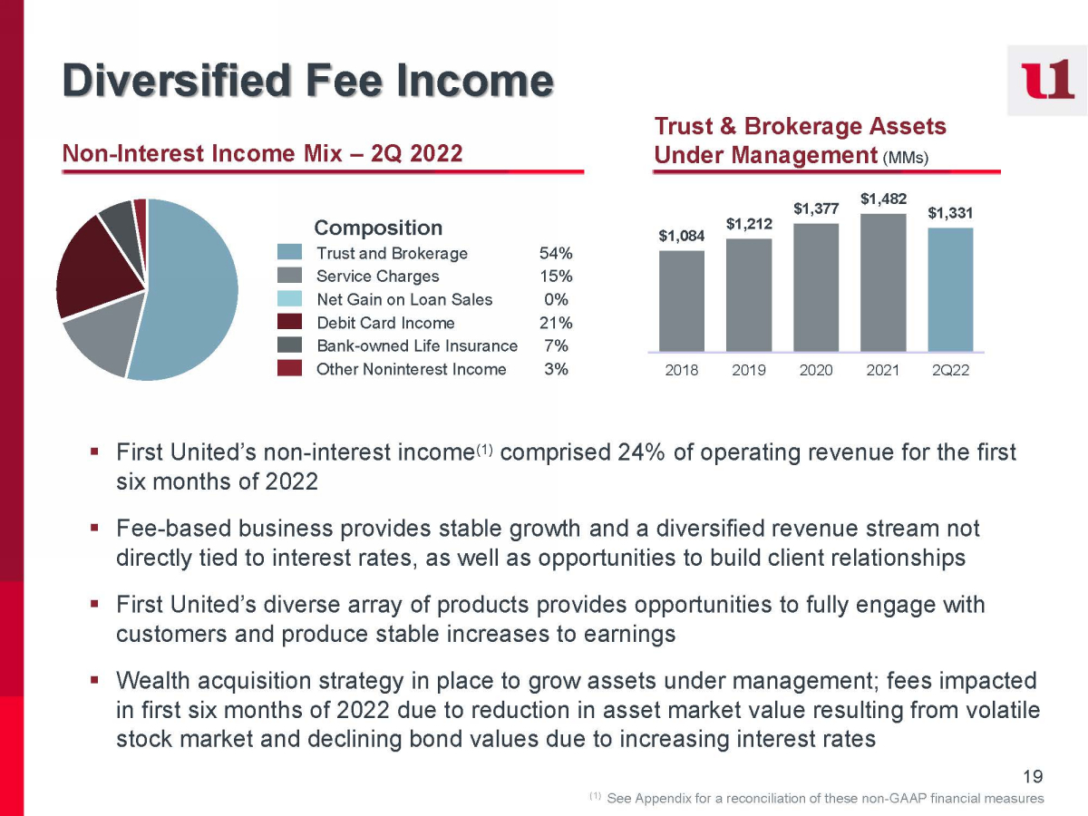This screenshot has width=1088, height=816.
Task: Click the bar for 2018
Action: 682,300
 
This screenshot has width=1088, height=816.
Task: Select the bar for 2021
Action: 883,282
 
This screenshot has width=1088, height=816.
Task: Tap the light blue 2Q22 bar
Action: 950,289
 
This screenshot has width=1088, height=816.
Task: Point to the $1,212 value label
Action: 749,223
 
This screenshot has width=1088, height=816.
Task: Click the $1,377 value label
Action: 816,209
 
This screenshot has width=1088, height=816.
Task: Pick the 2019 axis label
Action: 749,371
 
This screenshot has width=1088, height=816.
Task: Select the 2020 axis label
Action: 816,371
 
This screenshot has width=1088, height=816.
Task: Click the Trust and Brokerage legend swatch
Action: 289,253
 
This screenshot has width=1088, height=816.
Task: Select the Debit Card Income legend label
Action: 385,323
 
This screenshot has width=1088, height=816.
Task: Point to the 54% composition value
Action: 555,253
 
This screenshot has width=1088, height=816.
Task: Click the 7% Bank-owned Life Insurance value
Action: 557,345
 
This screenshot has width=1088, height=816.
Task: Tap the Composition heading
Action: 378,228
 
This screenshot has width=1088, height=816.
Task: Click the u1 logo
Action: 1046,80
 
